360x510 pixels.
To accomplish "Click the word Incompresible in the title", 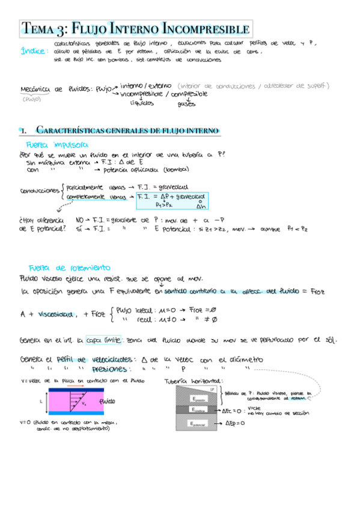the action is coord(206,28).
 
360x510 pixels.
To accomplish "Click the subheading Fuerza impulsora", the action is coord(57,145).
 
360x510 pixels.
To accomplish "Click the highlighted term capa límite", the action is coord(104,339).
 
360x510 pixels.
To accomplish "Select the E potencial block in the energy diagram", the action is coord(198,423).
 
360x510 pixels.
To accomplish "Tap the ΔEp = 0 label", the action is coord(237,423).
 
